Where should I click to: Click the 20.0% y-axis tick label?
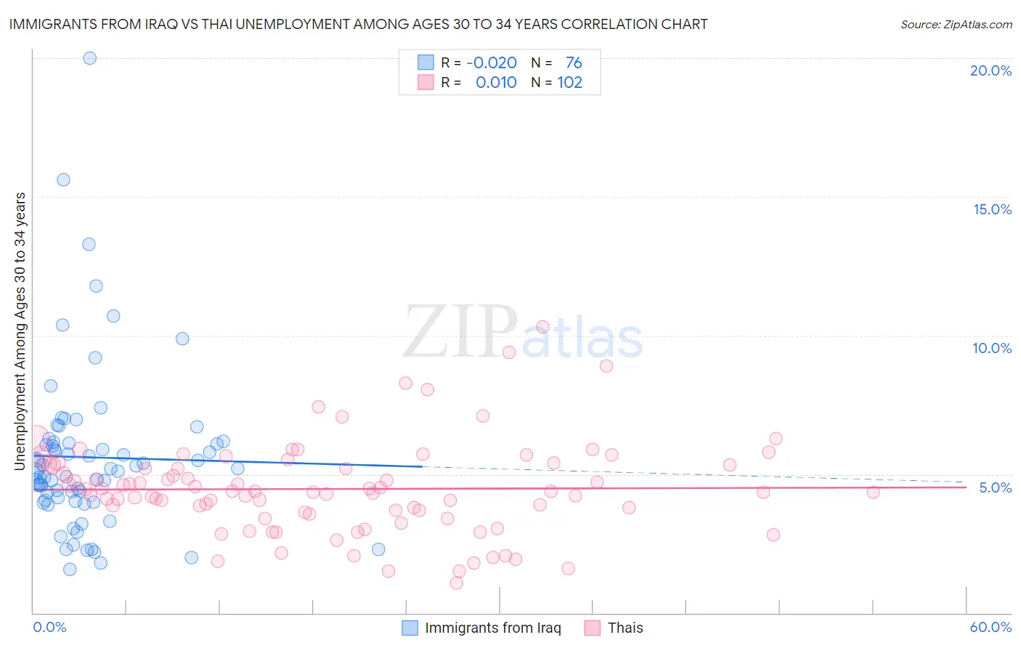[x=991, y=70]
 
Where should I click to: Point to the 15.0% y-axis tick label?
[x=992, y=209]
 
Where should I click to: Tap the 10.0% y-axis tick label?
[x=992, y=348]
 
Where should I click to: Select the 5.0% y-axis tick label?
[x=995, y=487]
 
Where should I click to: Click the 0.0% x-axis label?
[x=49, y=627]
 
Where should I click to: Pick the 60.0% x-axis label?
[x=991, y=627]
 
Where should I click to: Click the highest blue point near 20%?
[x=90, y=58]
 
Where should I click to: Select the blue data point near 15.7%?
[x=63, y=179]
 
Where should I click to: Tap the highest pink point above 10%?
[x=542, y=327]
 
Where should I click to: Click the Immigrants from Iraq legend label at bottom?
[x=492, y=628]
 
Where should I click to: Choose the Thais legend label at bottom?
[x=625, y=628]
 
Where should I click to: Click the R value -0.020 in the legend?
[x=492, y=63]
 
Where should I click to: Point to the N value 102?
[x=569, y=83]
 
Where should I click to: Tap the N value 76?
[x=574, y=63]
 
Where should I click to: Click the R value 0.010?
[x=496, y=83]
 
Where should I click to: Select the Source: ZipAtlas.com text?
[x=956, y=24]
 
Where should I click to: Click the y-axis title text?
[x=20, y=331]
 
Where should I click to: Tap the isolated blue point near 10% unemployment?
[x=182, y=339]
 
